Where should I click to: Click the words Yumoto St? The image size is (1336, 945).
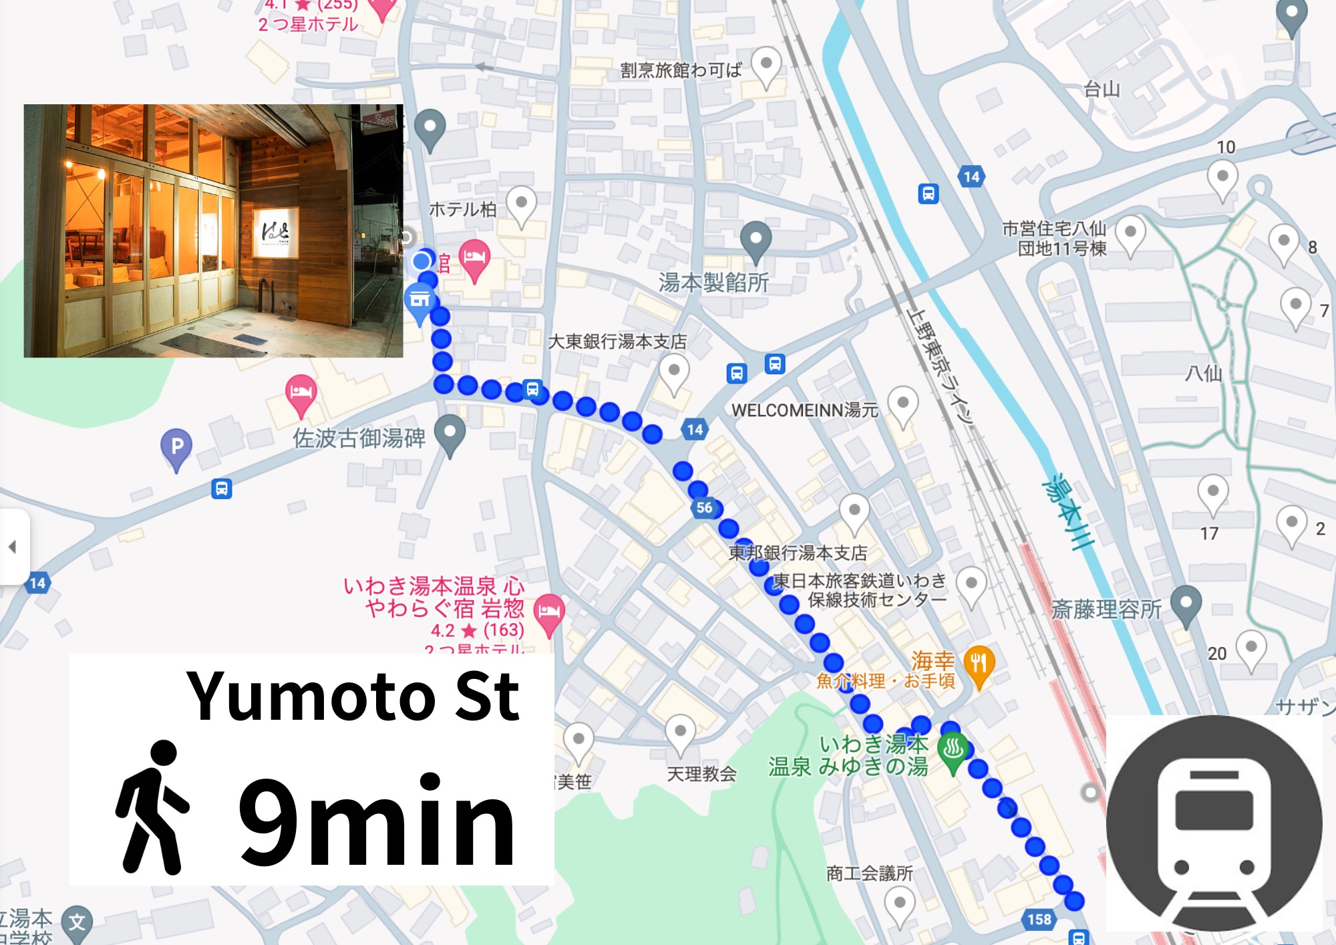(x=353, y=696)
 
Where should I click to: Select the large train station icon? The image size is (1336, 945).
(x=1214, y=823)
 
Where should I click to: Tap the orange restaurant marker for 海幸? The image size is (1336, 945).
(x=979, y=664)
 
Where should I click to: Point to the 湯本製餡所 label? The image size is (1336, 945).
(x=713, y=283)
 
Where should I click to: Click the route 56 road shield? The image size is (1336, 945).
(x=704, y=508)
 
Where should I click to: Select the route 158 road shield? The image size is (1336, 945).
(x=1039, y=920)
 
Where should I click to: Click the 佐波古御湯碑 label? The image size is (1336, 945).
(x=359, y=438)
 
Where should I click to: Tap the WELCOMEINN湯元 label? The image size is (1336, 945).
(x=804, y=410)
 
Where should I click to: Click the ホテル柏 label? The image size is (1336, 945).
(x=462, y=210)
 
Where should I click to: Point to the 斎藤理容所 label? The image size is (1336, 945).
(x=1106, y=610)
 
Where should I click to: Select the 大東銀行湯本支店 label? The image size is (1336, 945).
(x=617, y=342)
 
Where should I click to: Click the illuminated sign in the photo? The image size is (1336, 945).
(x=275, y=232)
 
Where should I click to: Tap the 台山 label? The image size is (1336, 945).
(x=1102, y=89)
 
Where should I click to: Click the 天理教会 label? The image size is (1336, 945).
(x=701, y=774)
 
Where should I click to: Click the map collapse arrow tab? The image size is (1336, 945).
(x=13, y=547)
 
